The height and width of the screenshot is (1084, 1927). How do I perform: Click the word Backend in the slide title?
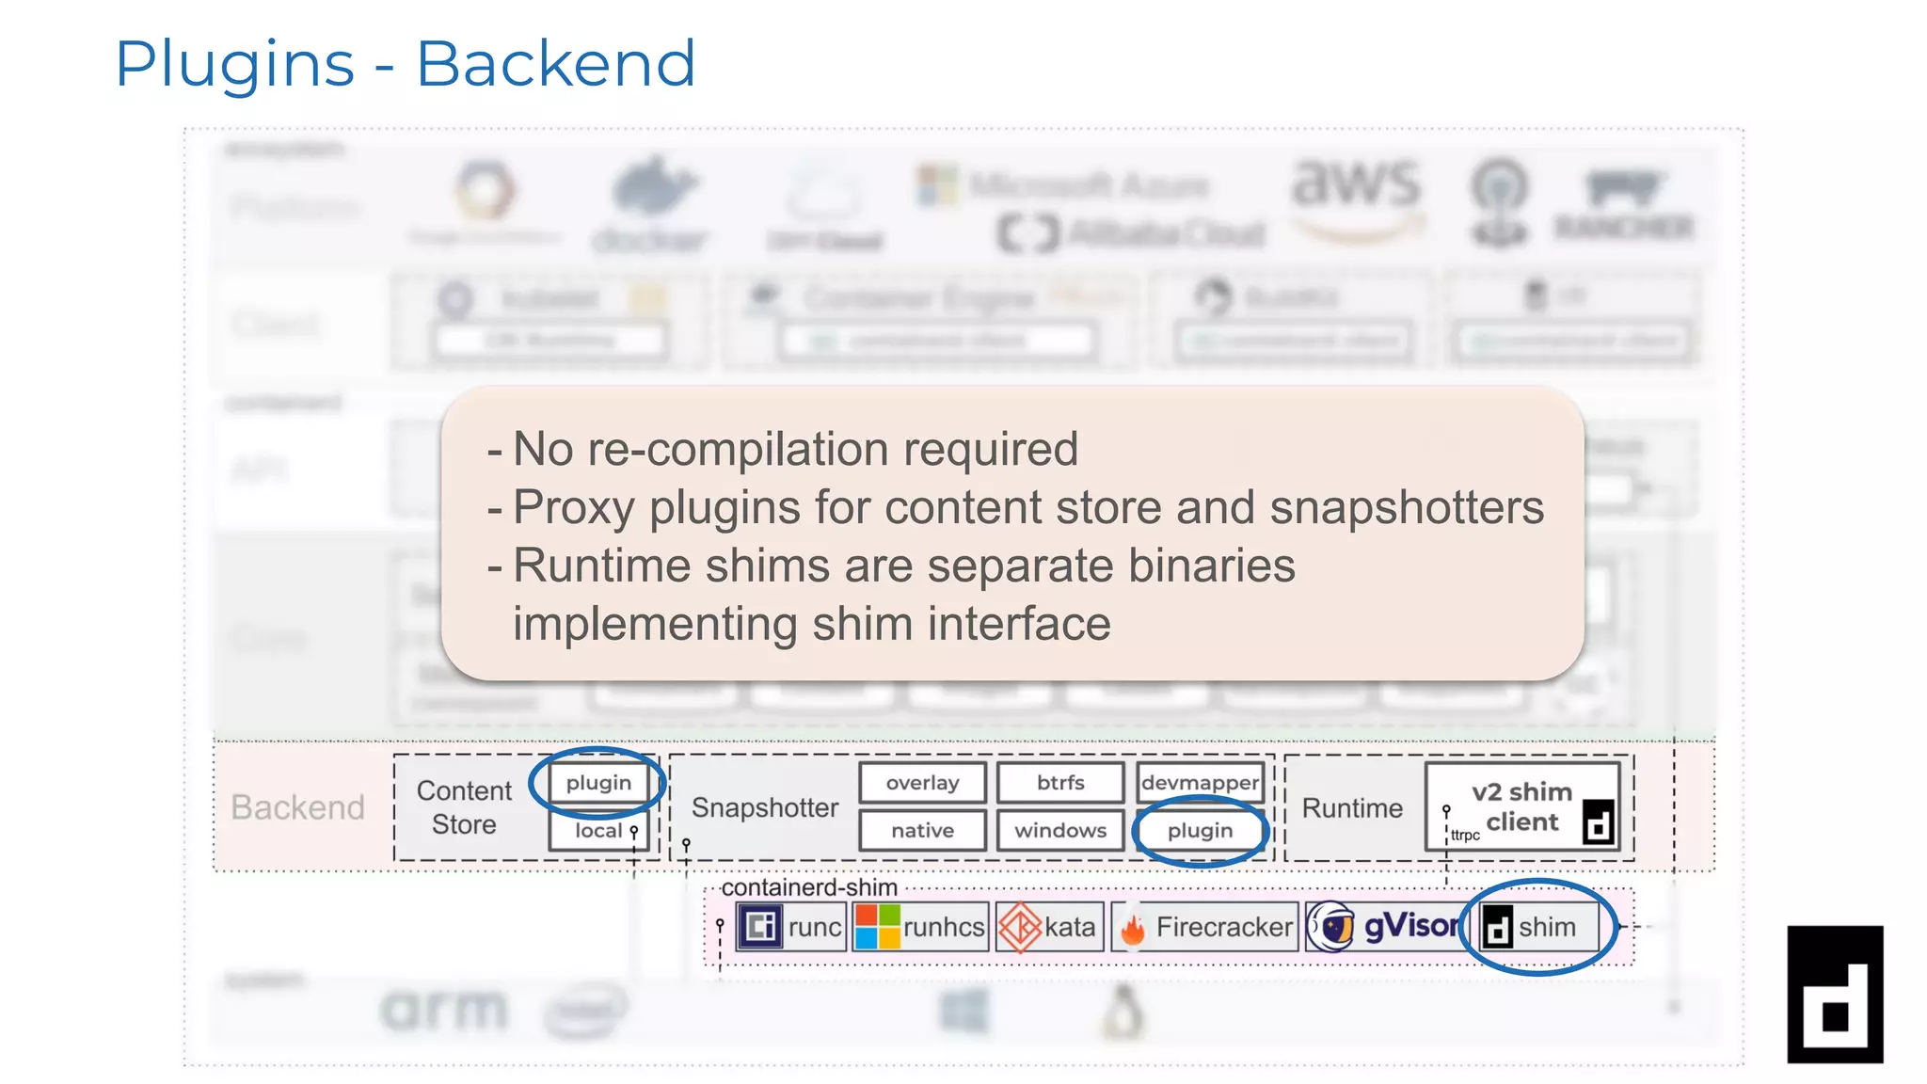point(555,64)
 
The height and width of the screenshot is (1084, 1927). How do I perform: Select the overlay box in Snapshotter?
point(922,783)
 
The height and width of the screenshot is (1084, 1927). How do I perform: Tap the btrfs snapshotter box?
point(1060,783)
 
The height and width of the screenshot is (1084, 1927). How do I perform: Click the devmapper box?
point(1200,783)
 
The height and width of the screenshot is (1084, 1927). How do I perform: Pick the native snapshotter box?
point(922,831)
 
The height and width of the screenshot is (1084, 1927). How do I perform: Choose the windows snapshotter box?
point(1060,831)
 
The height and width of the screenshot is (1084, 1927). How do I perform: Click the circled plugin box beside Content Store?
point(598,783)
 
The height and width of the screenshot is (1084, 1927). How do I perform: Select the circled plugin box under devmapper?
point(1200,831)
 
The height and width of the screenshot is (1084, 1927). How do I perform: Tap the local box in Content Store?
point(598,831)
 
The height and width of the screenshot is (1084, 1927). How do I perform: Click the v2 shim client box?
point(1521,806)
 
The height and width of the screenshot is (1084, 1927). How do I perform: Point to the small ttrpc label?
point(1465,836)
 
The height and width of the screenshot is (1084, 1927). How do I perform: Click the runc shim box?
point(791,927)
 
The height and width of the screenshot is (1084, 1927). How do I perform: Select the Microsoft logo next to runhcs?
point(877,927)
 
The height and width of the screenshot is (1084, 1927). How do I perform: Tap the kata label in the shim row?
point(1070,927)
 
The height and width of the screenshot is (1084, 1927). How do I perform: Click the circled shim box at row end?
point(1539,927)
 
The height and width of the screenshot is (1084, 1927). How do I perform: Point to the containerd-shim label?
point(809,887)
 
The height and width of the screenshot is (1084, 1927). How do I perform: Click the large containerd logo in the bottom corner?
point(1835,994)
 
